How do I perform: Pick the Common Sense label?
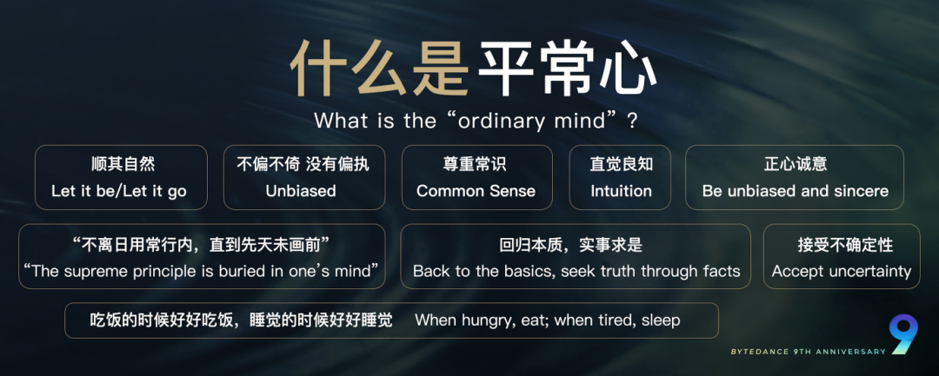(476, 191)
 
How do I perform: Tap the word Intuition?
(621, 191)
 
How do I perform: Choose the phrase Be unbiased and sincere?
(795, 191)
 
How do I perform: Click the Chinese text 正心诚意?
(795, 164)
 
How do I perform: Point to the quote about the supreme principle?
(202, 271)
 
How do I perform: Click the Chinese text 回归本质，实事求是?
(575, 245)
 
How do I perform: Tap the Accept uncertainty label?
(841, 271)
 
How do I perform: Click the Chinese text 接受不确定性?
(841, 245)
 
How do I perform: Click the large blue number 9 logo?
(904, 333)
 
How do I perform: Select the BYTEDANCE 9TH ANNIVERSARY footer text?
(808, 352)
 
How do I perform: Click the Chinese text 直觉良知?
(621, 164)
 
